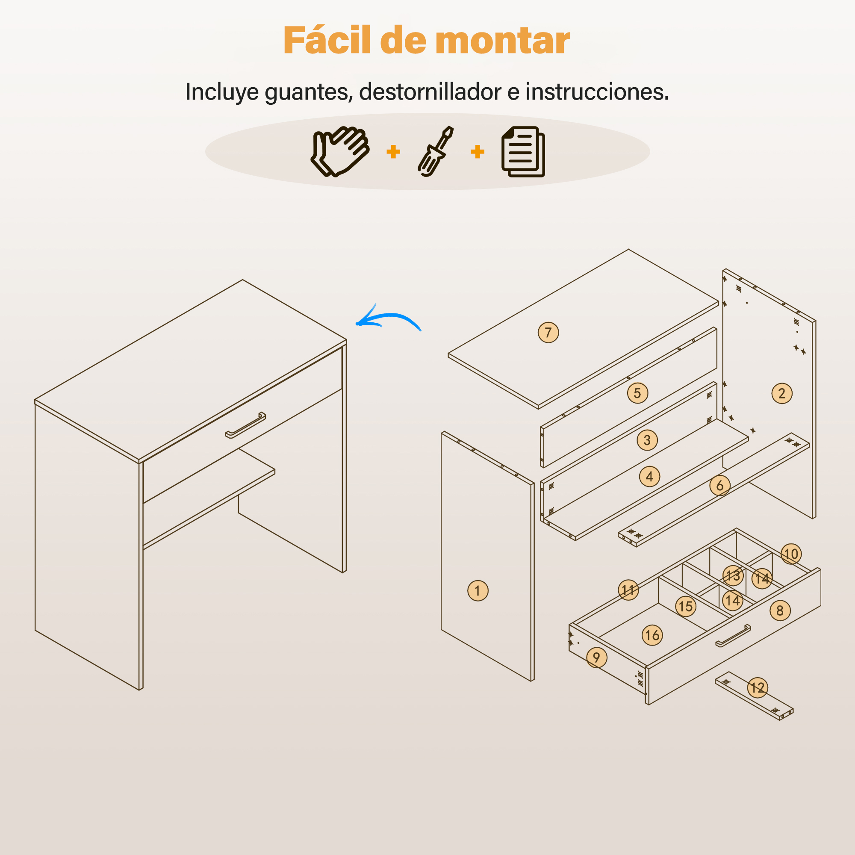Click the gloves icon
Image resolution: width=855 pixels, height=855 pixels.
pos(340,152)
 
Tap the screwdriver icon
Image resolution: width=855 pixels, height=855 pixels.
pos(436,151)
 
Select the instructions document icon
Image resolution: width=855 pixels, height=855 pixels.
pos(523,152)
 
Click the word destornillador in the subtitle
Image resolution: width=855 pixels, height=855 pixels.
pos(430,91)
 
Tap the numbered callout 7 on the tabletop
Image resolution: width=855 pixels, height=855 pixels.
pos(548,332)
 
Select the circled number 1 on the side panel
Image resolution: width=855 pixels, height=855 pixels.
pos(478,590)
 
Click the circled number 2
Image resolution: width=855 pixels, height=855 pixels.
pos(782,393)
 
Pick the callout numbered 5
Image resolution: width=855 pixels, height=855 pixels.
pos(638,393)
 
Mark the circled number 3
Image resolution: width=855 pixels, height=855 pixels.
pos(647,440)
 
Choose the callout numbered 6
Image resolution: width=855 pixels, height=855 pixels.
pos(720,486)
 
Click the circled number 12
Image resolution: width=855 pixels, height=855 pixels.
pos(758,687)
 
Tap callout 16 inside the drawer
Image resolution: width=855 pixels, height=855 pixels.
pos(652,635)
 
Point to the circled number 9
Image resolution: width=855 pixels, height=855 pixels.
pos(596,657)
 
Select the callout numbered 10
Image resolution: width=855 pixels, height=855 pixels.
pos(791,554)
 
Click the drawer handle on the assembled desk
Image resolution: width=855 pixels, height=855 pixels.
pos(246,425)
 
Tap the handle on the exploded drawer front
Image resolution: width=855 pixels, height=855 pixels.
pos(733,636)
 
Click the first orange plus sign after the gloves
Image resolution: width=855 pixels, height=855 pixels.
pos(393,152)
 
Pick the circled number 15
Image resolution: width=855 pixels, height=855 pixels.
pos(686,606)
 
